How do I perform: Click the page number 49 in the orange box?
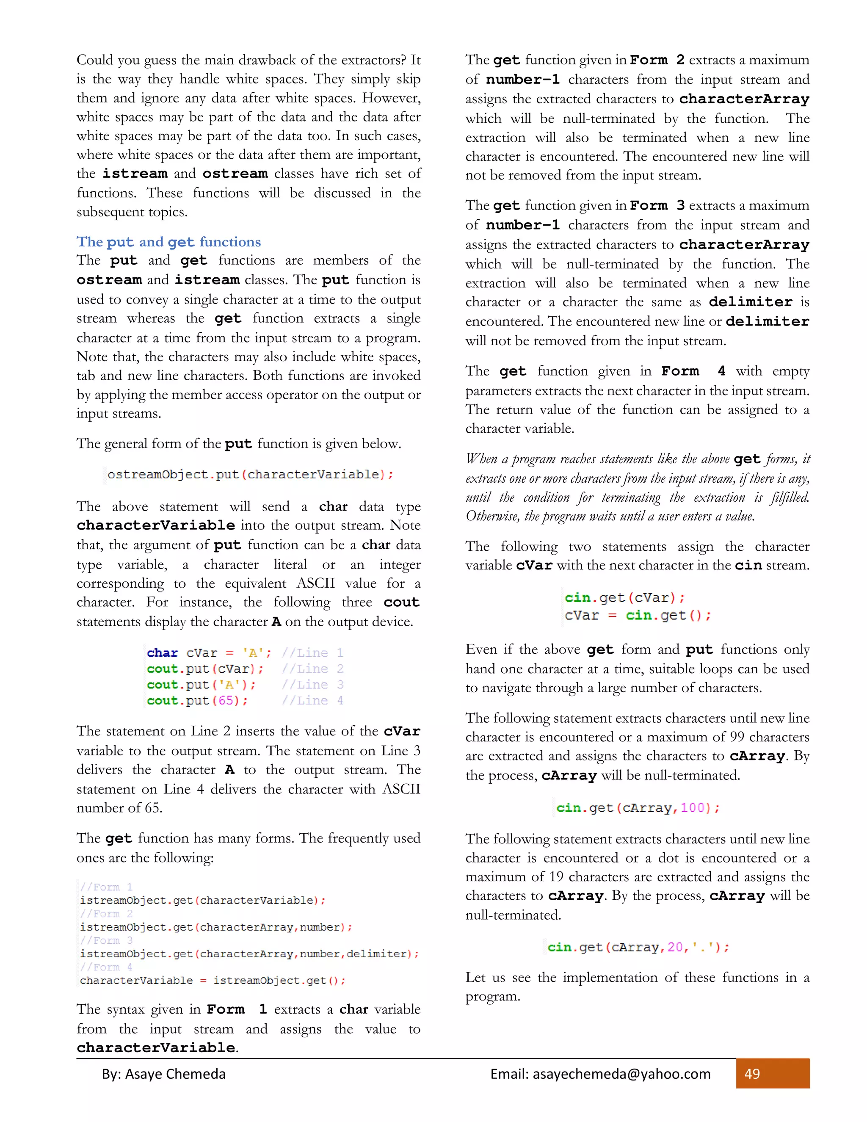pos(752,1074)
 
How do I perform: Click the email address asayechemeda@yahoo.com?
pos(600,1074)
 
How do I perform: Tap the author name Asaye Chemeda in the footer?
pos(175,1074)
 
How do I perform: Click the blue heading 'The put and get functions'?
pos(168,241)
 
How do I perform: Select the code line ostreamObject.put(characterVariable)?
pos(250,474)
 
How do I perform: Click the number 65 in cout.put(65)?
pos(226,700)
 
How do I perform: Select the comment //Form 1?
pos(106,887)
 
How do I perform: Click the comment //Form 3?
pos(106,940)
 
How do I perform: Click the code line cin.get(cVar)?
pos(624,597)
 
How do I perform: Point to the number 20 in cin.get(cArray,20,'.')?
pos(675,947)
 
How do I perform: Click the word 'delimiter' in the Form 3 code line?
pos(376,953)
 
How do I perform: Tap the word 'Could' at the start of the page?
pos(95,60)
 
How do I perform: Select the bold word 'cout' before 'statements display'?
pos(401,602)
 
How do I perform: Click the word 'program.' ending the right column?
pos(493,996)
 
